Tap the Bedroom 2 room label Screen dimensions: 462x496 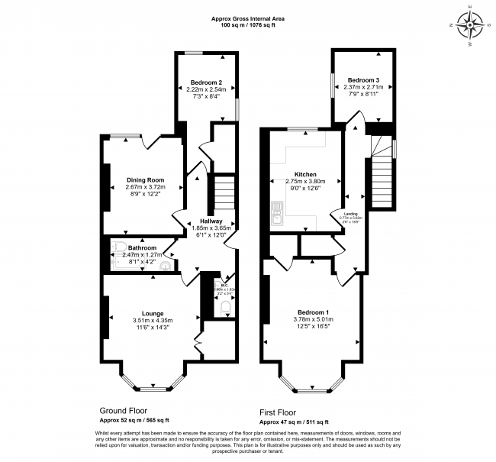(x=205, y=82)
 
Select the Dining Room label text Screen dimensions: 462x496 (x=145, y=180)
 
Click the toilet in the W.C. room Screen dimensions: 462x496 (x=224, y=309)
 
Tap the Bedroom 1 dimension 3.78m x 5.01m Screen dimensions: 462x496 (x=312, y=320)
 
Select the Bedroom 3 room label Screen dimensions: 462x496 (x=363, y=80)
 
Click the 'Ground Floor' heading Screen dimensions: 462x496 (x=124, y=410)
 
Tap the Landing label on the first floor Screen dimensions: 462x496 (x=352, y=213)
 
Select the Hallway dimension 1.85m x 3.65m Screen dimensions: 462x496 (x=205, y=228)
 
